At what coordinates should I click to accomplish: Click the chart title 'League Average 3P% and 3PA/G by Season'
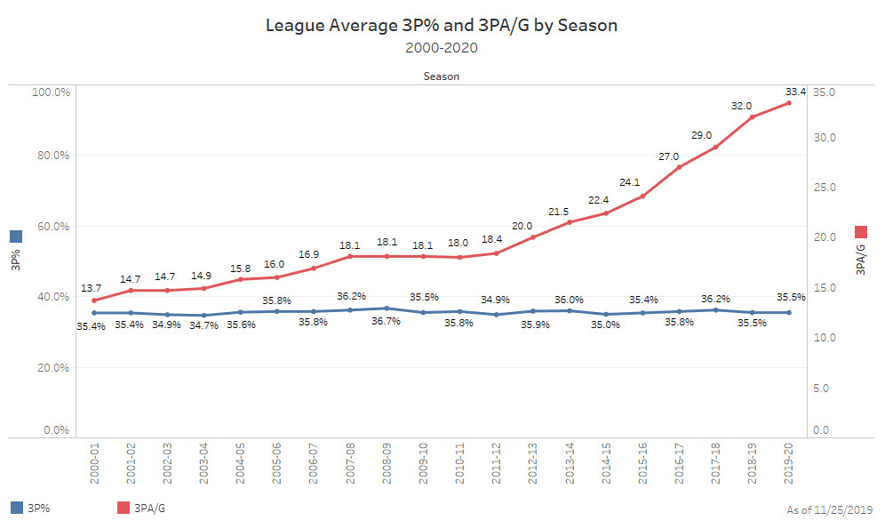pyautogui.click(x=442, y=26)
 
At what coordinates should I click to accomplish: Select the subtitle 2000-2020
pyautogui.click(x=442, y=47)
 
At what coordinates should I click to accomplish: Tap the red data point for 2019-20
pyautogui.click(x=788, y=103)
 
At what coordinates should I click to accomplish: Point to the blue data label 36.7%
pyautogui.click(x=386, y=322)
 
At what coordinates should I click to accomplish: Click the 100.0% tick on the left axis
pyautogui.click(x=51, y=92)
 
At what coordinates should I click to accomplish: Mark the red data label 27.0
pyautogui.click(x=667, y=156)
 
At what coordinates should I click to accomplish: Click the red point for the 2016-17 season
pyautogui.click(x=679, y=167)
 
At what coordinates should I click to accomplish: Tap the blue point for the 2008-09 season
pyautogui.click(x=386, y=309)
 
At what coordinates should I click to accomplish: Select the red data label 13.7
pyautogui.click(x=92, y=289)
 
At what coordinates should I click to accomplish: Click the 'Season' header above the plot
pyautogui.click(x=442, y=76)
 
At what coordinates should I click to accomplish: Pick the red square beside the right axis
pyautogui.click(x=860, y=232)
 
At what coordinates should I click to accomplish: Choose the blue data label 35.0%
pyautogui.click(x=604, y=326)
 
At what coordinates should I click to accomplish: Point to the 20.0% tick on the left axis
pyautogui.click(x=52, y=367)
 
